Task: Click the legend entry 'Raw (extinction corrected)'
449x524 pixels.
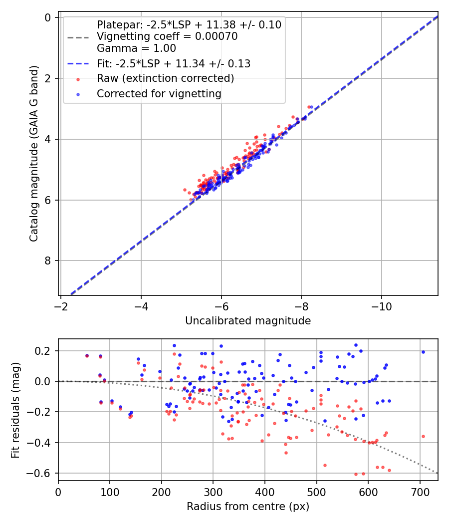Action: point(165,78)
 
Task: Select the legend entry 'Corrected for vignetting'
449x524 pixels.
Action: point(159,93)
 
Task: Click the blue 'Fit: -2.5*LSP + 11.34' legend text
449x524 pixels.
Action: point(174,64)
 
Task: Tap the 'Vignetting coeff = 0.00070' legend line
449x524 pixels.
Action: point(167,36)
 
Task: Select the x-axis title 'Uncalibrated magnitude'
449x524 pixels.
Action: point(248,321)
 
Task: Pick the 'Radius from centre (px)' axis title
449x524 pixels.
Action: point(248,507)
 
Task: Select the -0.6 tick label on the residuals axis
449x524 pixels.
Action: point(42,473)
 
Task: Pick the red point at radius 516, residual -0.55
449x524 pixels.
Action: point(325,465)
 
